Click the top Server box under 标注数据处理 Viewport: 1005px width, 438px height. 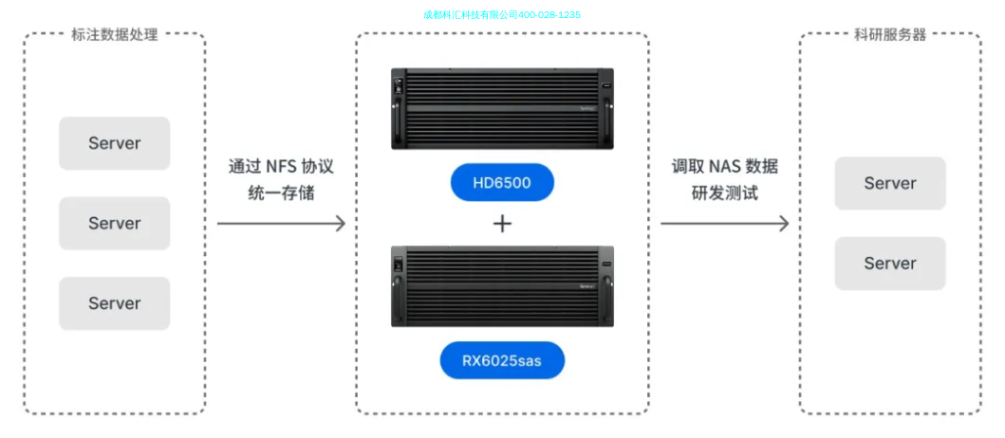[x=114, y=143]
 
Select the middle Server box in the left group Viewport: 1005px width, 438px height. [x=114, y=224]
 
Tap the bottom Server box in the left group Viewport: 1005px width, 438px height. [x=114, y=303]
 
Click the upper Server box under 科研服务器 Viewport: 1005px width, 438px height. [x=889, y=183]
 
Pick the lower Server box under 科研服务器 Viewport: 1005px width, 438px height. [x=889, y=264]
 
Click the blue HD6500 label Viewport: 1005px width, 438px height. [x=502, y=183]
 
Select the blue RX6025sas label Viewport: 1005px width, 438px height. [x=502, y=360]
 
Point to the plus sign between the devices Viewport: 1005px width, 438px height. [x=502, y=224]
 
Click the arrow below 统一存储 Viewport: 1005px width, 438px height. [x=281, y=224]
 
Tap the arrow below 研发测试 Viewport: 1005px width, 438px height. [x=724, y=224]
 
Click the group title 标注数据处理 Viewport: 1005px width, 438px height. [x=114, y=35]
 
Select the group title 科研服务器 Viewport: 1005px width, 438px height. [x=889, y=35]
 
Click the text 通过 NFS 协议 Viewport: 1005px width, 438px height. [x=281, y=167]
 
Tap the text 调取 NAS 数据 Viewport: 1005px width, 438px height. [x=724, y=167]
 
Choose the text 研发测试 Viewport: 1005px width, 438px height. [x=724, y=193]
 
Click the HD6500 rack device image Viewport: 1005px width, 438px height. [x=502, y=108]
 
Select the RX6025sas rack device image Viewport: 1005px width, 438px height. [x=502, y=286]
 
